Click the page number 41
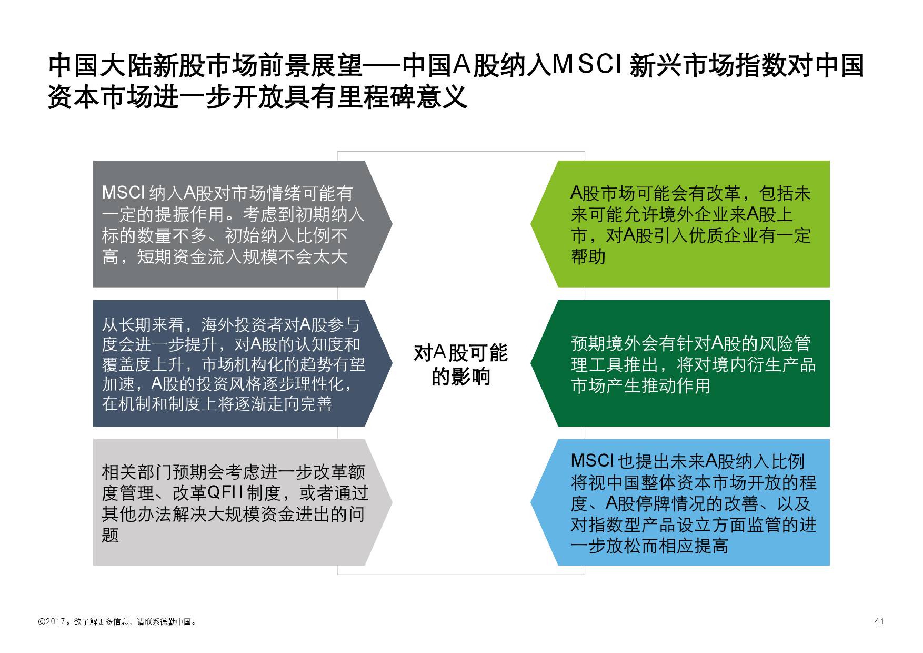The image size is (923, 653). click(x=879, y=621)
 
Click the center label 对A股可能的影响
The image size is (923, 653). click(x=460, y=365)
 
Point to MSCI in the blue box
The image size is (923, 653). click(x=593, y=461)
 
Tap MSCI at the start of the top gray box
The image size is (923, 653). click(x=124, y=193)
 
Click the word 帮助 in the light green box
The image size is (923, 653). click(x=588, y=256)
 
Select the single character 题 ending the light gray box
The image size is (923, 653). click(x=111, y=535)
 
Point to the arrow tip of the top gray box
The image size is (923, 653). click(x=392, y=224)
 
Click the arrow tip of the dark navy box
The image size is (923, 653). click(x=392, y=363)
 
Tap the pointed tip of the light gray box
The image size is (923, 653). click(x=392, y=502)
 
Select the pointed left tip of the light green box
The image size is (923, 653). click(x=531, y=224)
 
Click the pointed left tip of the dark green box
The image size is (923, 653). click(x=531, y=363)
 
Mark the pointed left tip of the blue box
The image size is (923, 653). click(x=531, y=502)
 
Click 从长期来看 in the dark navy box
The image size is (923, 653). click(x=143, y=324)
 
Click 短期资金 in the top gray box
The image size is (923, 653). click(x=172, y=256)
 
